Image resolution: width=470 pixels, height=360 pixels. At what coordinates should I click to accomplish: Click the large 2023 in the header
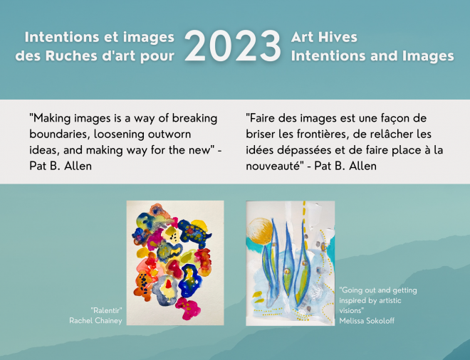pyautogui.click(x=233, y=46)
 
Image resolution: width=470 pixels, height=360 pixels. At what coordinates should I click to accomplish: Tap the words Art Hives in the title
pyautogui.click(x=324, y=37)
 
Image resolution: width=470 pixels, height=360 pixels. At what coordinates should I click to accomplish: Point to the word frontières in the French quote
pyautogui.click(x=323, y=134)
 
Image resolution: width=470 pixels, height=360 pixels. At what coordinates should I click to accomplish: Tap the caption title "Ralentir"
pyautogui.click(x=106, y=310)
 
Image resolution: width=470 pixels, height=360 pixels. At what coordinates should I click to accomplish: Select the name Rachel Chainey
pyautogui.click(x=95, y=320)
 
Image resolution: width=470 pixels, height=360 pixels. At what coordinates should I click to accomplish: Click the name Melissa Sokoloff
pyautogui.click(x=367, y=321)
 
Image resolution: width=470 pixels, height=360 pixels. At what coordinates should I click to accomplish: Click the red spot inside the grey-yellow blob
pyautogui.click(x=169, y=284)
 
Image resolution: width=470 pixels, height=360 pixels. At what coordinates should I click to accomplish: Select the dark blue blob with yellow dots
pyautogui.click(x=194, y=233)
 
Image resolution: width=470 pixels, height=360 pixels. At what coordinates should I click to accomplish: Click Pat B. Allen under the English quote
pyautogui.click(x=61, y=166)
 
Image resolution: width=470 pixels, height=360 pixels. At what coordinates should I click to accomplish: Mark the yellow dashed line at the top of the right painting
pyautogui.click(x=305, y=218)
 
